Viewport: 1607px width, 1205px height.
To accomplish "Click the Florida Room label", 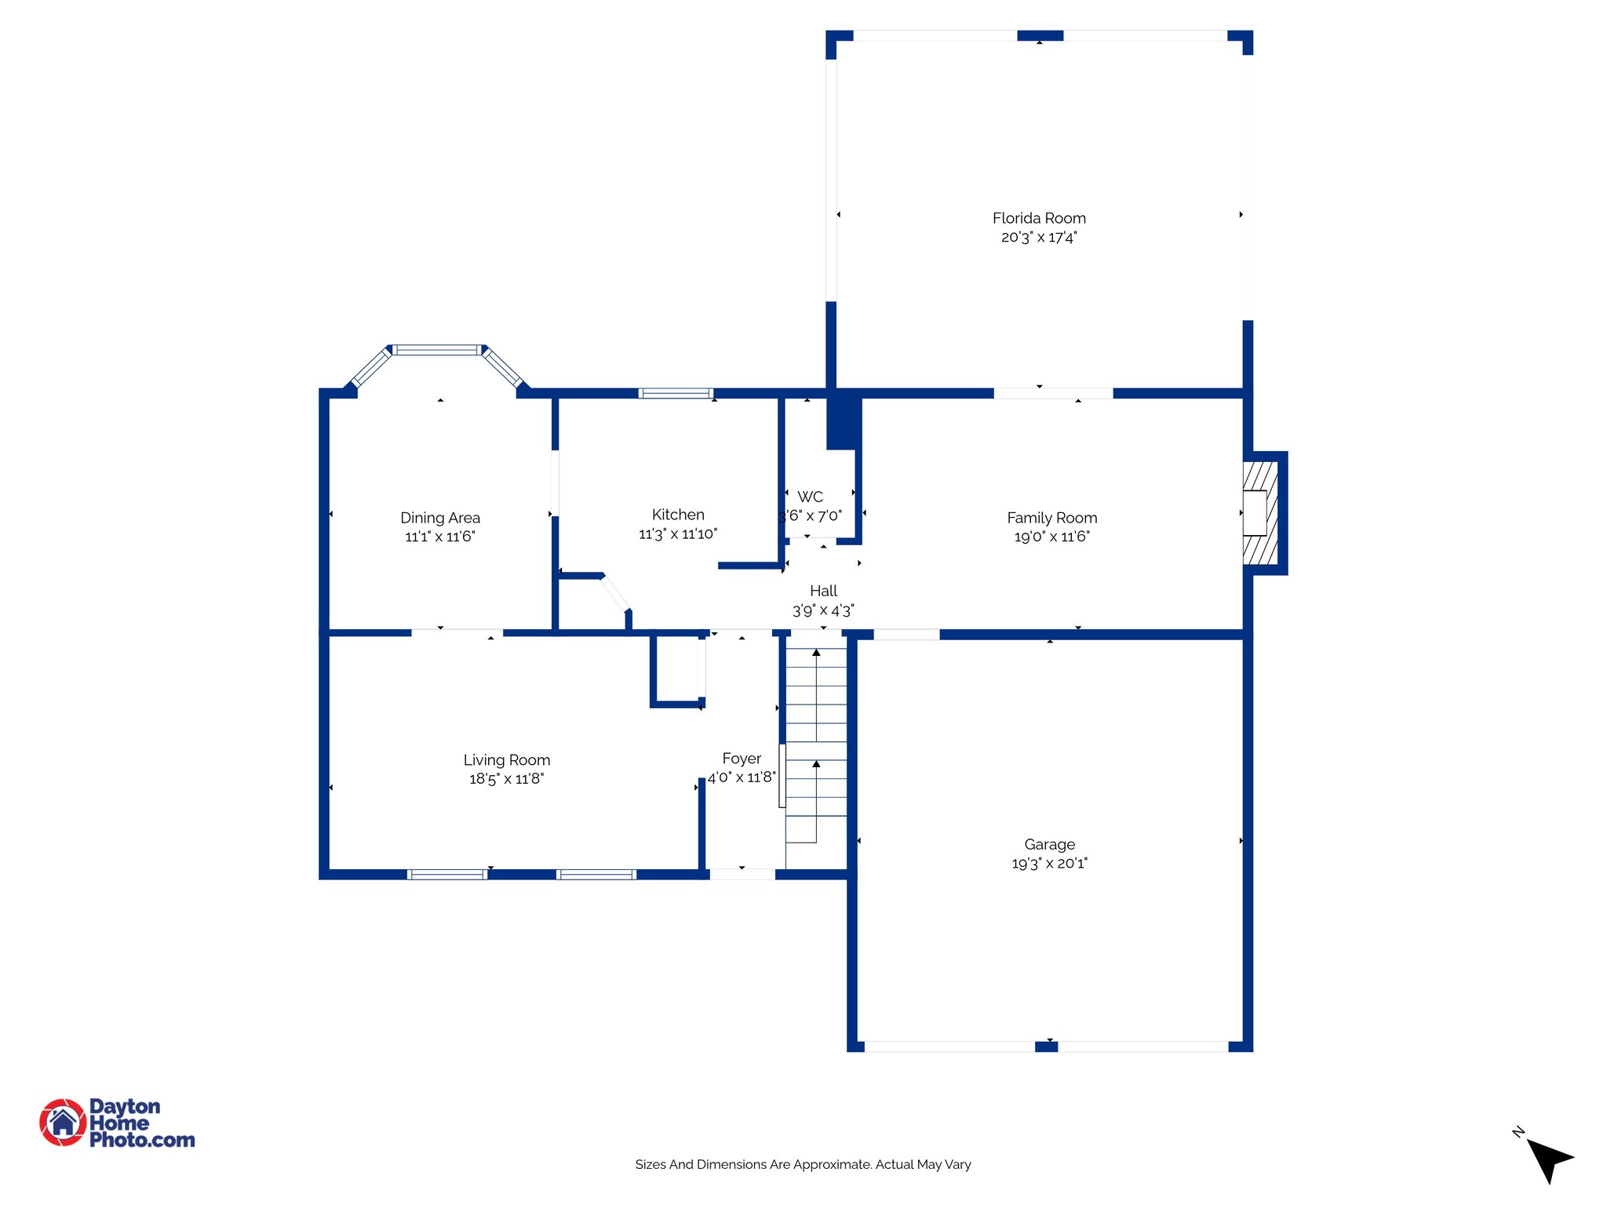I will click(x=1039, y=218).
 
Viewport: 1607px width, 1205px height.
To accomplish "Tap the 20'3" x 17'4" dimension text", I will click(x=1039, y=237).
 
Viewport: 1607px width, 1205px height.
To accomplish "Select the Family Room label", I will click(x=1051, y=518).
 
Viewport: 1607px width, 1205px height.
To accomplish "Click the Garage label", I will click(x=1049, y=844).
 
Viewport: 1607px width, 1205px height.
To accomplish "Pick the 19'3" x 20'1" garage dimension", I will click(x=1049, y=863).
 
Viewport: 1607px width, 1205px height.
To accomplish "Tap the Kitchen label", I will click(x=678, y=515).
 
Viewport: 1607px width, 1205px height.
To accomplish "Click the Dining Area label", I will click(x=439, y=518).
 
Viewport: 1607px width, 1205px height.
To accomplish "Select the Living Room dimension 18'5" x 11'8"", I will click(x=506, y=778).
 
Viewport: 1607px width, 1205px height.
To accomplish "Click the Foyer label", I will click(x=742, y=759).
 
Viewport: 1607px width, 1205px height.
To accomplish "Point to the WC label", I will click(x=810, y=497).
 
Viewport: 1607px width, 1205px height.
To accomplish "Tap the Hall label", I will click(x=823, y=591).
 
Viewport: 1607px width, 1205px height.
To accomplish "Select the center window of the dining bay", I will click(x=437, y=350).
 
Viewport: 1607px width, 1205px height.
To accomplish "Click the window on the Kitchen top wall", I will click(x=676, y=393).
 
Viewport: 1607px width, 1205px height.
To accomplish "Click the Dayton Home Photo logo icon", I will click(x=63, y=1122).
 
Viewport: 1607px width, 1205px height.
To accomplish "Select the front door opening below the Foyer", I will click(x=742, y=874).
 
